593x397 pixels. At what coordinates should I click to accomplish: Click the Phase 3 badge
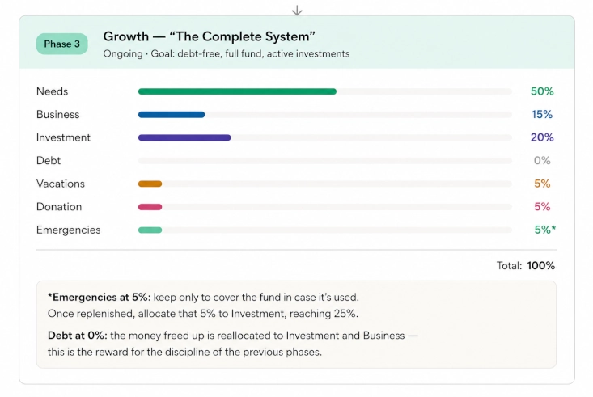click(x=62, y=44)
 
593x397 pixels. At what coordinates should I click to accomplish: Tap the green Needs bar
click(x=237, y=91)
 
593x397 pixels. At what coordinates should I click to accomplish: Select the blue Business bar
click(x=172, y=115)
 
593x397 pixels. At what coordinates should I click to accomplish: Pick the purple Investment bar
click(x=184, y=137)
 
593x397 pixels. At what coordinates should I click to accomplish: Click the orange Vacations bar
click(x=150, y=184)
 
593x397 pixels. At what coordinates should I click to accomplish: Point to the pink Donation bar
click(x=150, y=207)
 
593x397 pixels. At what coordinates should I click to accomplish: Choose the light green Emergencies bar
click(x=150, y=230)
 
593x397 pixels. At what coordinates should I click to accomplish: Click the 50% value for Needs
click(x=542, y=91)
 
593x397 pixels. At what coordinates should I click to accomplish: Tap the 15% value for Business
click(x=542, y=115)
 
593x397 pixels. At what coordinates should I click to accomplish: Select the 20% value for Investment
click(x=542, y=137)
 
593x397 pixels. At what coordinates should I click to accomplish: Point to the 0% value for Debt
click(x=542, y=161)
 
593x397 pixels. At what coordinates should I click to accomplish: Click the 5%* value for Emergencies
click(x=545, y=230)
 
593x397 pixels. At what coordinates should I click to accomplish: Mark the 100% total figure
click(x=540, y=266)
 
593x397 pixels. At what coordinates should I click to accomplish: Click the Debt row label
click(x=49, y=161)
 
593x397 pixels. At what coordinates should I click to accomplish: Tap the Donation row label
click(x=59, y=207)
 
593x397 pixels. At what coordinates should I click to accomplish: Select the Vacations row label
click(x=61, y=184)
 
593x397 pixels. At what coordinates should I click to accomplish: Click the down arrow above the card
click(x=297, y=11)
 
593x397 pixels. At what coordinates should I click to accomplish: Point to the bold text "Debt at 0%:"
click(x=78, y=336)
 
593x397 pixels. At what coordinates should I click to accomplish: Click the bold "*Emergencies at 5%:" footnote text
click(x=99, y=298)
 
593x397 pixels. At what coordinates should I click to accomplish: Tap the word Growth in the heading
click(x=126, y=36)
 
